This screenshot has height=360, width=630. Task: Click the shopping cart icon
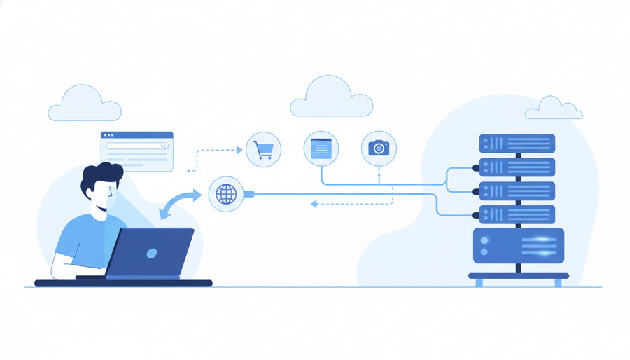click(263, 149)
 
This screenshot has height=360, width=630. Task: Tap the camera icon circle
click(379, 148)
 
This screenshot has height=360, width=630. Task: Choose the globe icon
click(227, 193)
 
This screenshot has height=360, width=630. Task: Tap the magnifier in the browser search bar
click(164, 146)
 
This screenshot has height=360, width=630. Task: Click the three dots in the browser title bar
click(108, 134)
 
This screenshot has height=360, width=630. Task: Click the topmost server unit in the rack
click(517, 144)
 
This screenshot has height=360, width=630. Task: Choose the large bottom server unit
click(518, 245)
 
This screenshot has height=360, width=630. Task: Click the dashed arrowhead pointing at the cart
click(239, 149)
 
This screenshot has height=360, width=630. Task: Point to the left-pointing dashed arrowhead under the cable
click(314, 204)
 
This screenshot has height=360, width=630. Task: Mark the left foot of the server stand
click(479, 282)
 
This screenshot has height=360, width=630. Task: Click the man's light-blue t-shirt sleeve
click(72, 239)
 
